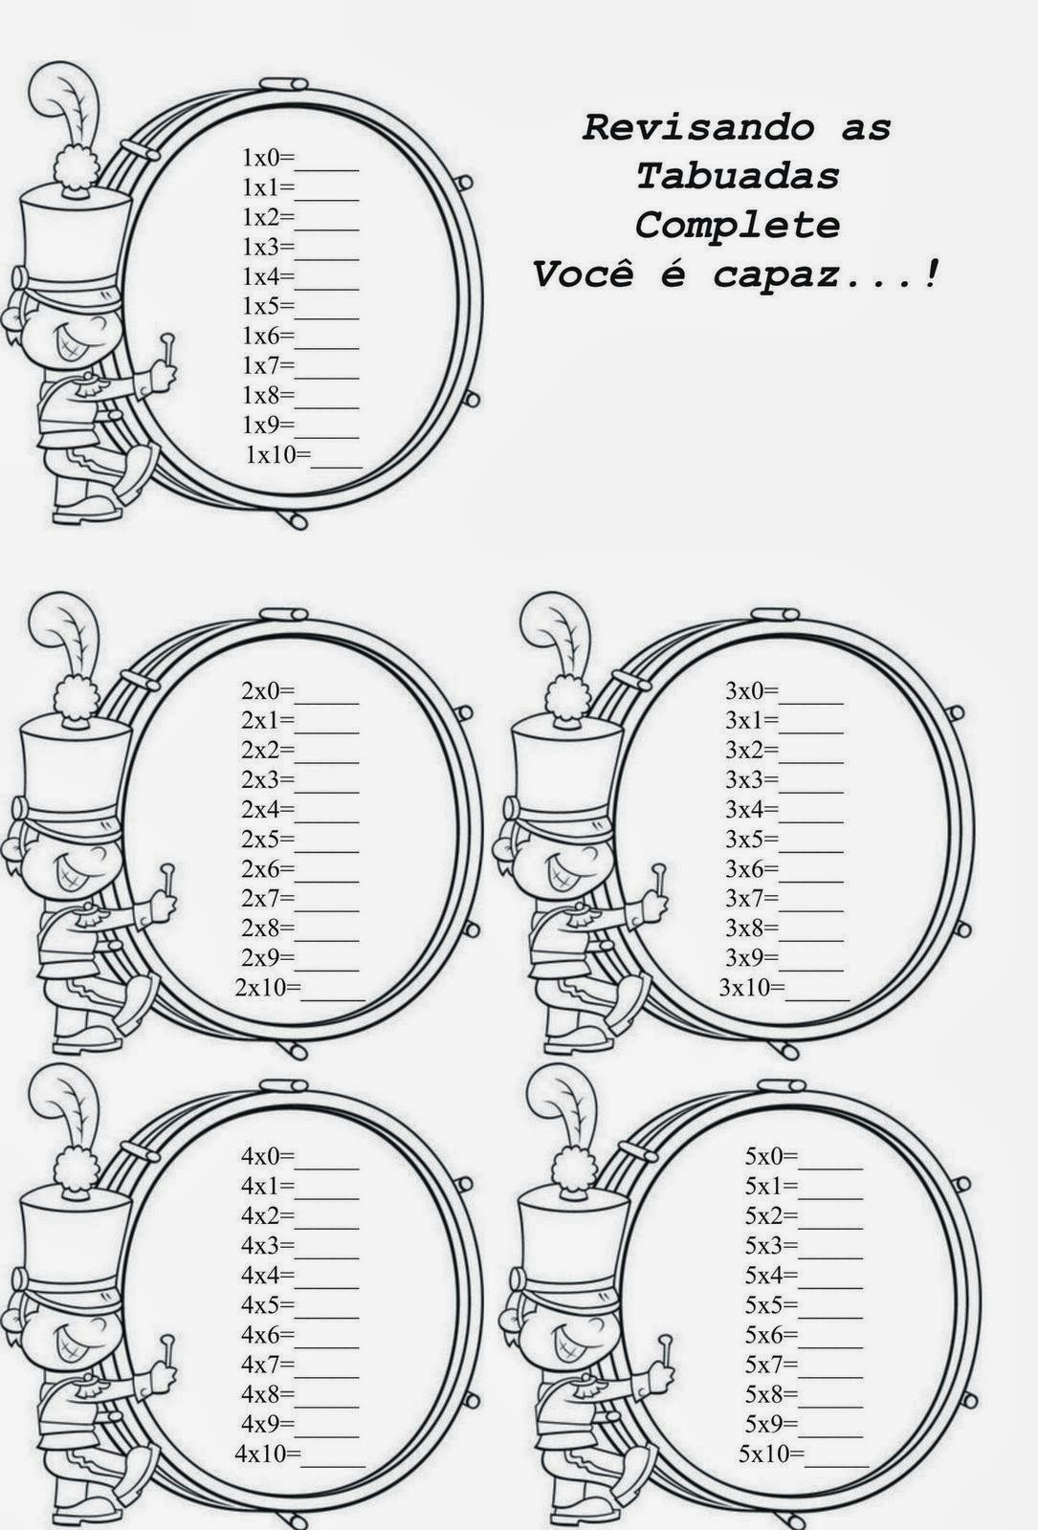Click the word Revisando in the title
coord(697,128)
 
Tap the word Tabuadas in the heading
coord(738,176)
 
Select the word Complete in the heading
coord(738,226)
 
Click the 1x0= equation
coord(269,158)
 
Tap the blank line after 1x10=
coord(336,465)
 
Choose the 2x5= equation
coord(268,839)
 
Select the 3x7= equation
coord(752,898)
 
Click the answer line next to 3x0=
coord(811,702)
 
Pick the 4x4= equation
coord(268,1275)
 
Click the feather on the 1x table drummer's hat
coord(66,106)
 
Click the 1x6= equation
coord(269,336)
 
